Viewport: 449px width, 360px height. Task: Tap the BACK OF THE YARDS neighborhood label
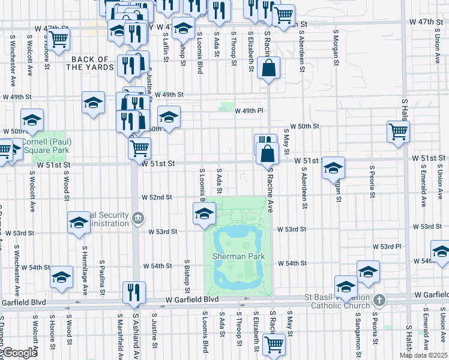(90, 63)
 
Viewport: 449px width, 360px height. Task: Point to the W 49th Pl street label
(249, 111)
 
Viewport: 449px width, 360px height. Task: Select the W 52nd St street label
(157, 197)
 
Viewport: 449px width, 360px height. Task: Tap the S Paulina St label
(103, 274)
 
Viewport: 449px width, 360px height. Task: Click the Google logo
(20, 353)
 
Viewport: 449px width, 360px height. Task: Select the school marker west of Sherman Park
(204, 214)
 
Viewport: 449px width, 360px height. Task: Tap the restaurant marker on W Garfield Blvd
(134, 292)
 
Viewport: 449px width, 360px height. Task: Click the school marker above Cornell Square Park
(32, 119)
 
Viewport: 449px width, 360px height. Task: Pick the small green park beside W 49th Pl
(226, 107)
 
